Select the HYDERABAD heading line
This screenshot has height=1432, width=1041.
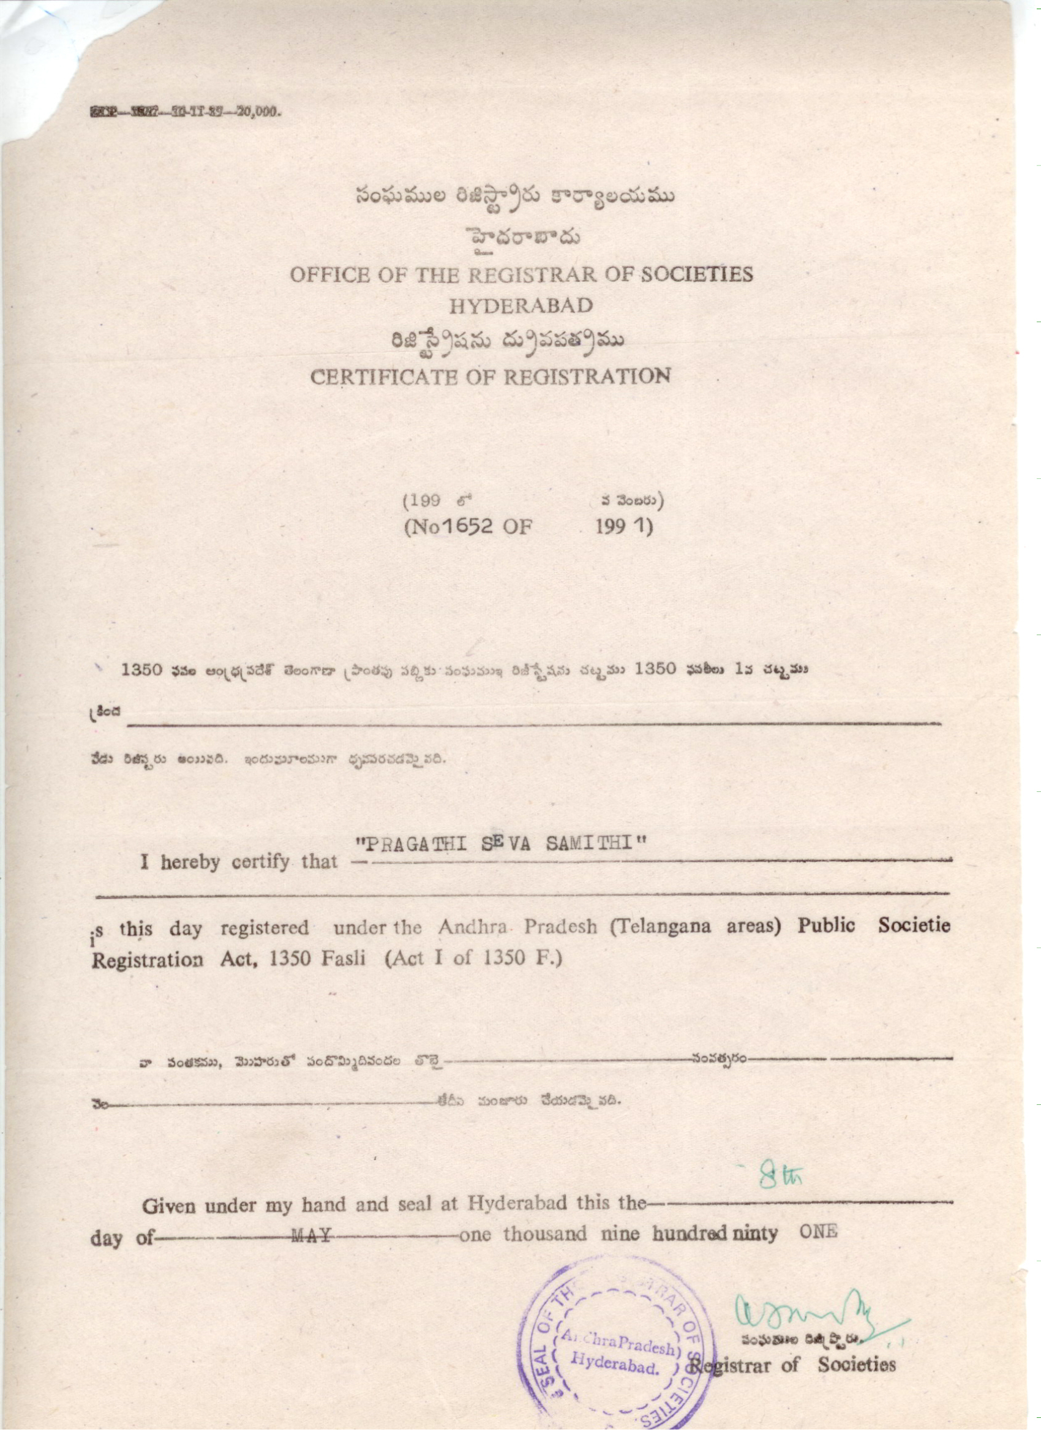521,306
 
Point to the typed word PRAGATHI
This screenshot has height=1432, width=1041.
412,845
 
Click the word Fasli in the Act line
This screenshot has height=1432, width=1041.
343,959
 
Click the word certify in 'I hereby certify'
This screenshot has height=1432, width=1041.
263,861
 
